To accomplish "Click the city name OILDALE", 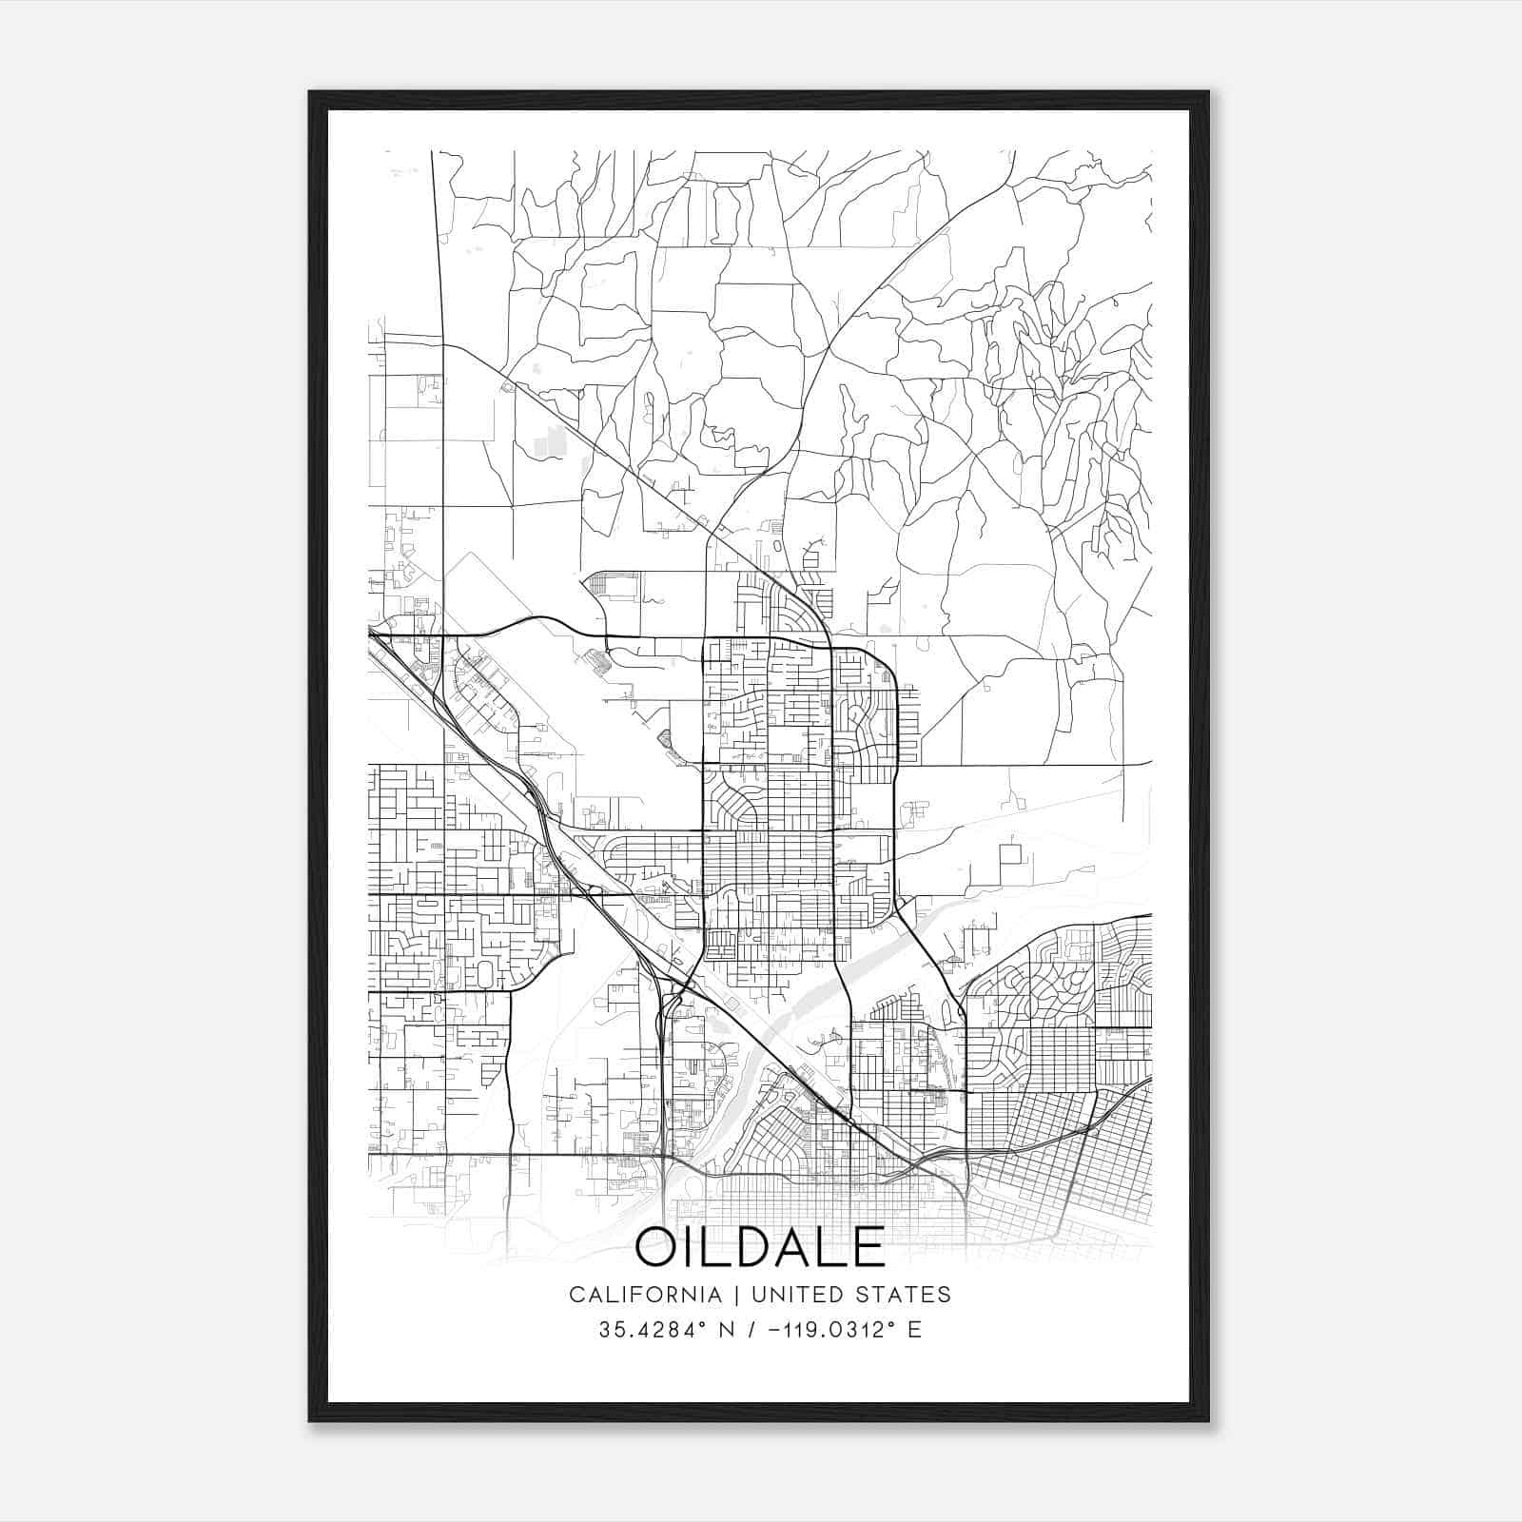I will (760, 1247).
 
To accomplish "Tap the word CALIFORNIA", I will (645, 1295).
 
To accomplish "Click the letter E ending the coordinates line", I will (914, 1330).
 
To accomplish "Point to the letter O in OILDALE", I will (658, 1247).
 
